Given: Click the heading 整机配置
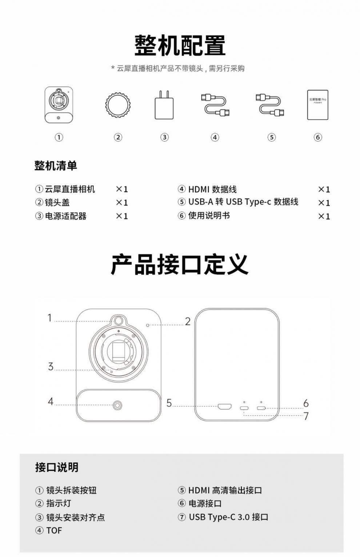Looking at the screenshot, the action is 180,46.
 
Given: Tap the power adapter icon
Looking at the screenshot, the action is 164,105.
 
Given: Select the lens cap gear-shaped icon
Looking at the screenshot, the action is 118,105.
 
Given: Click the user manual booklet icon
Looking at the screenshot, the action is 318,105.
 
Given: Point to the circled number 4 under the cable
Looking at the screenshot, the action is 215,137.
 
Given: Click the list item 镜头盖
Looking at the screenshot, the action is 57,202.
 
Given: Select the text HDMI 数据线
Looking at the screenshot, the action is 212,189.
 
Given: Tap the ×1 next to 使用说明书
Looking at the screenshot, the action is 324,216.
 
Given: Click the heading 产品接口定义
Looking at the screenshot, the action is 180,264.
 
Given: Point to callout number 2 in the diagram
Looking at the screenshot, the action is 188,322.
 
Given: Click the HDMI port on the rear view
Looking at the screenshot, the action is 224,407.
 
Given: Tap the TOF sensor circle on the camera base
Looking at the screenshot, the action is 117,405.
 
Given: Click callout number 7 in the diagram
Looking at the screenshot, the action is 306,416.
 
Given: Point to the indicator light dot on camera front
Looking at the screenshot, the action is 148,325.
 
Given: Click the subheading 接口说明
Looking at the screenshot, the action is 57,468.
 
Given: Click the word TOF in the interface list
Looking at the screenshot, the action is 54,530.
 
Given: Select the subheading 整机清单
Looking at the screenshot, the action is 56,166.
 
